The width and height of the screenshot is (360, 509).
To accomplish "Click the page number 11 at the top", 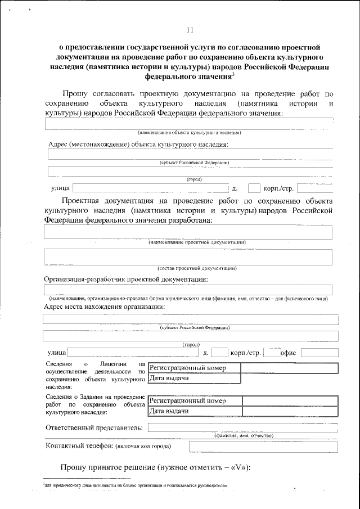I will click(x=189, y=30).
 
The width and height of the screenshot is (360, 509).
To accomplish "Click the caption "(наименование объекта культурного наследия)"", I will click(x=190, y=133).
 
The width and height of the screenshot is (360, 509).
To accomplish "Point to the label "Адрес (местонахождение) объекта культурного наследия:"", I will click(x=138, y=144).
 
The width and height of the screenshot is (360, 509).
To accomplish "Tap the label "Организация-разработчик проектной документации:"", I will click(x=126, y=279).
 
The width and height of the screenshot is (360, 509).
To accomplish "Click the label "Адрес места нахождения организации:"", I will click(x=104, y=307).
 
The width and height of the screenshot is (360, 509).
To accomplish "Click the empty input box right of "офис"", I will click(x=319, y=353).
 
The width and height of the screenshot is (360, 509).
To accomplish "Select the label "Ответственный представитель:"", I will click(x=93, y=427).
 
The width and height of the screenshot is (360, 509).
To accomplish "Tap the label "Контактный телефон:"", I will click(x=78, y=447).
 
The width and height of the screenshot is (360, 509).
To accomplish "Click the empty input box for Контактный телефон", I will click(x=263, y=447).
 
